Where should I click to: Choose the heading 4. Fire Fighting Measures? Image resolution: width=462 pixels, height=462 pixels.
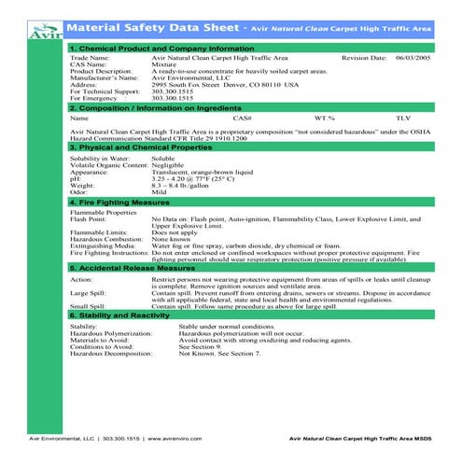pyautogui.click(x=120, y=202)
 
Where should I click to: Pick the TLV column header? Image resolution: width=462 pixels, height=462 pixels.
pyautogui.click(x=402, y=119)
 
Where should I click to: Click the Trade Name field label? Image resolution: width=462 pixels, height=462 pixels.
pyautogui.click(x=90, y=57)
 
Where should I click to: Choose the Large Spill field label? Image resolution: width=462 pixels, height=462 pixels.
pyautogui.click(x=88, y=292)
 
